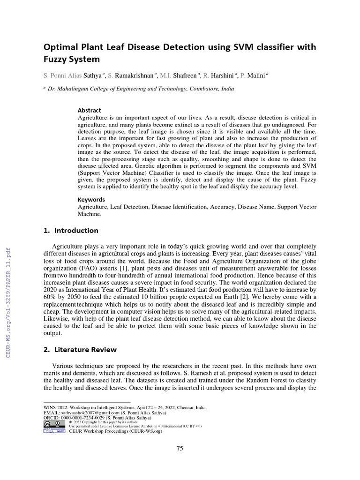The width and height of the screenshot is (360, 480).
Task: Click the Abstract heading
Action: pos(89,110)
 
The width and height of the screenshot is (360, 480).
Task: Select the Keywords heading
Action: pos(91,200)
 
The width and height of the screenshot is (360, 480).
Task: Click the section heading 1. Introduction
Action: pos(71,231)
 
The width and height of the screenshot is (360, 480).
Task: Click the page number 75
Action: pos(180,449)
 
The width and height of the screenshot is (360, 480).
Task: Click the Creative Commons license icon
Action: pos(54,423)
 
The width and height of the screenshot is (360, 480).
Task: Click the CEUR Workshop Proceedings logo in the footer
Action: pos(54,431)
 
